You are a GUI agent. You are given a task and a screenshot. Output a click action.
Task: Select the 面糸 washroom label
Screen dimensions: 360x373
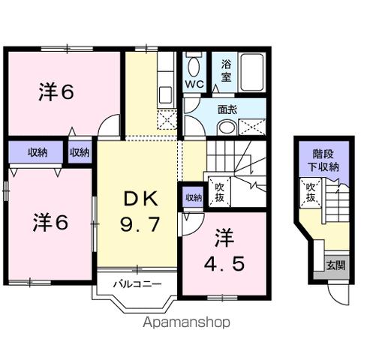pos(227,108)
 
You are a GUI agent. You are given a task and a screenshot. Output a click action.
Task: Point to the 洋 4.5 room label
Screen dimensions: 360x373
pos(225,252)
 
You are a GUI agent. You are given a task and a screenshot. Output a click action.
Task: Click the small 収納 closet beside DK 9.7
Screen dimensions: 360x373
pos(192,198)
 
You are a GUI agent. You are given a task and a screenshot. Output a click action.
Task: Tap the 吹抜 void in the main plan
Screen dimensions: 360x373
pos(219,191)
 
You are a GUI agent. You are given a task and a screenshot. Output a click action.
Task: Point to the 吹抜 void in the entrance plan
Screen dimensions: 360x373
pos(309,193)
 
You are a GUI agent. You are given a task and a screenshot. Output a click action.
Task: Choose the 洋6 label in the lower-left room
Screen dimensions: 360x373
pos(51,223)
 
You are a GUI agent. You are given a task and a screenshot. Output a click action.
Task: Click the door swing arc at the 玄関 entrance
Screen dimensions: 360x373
pos(344,294)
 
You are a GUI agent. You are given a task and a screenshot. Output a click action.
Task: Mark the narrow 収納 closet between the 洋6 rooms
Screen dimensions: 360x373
pos(80,151)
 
